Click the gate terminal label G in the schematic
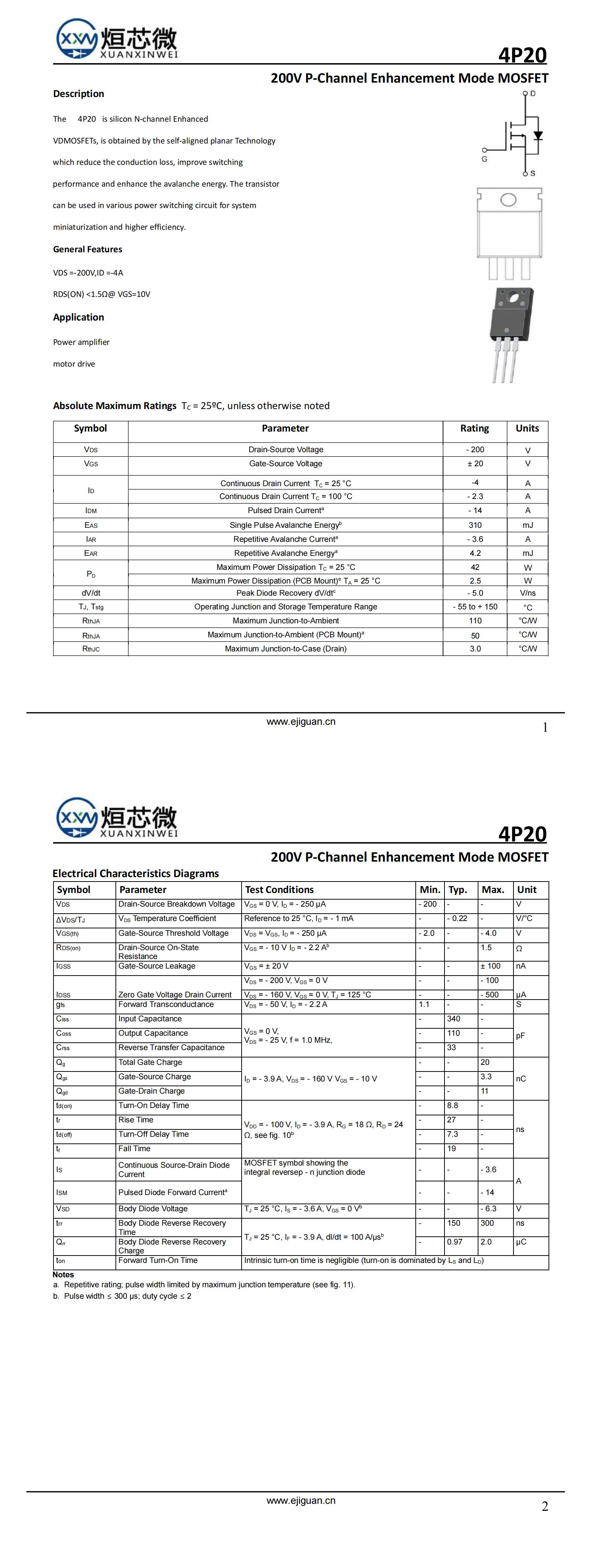[484, 159]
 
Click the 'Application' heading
[78, 318]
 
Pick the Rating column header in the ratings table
[474, 428]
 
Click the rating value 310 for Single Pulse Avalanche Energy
[475, 525]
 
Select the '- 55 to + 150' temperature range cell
[475, 607]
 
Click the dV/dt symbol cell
[91, 593]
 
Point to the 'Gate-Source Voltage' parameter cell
[286, 463]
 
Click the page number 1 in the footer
[544, 728]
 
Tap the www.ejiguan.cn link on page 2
[301, 1500]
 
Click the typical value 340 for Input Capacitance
[453, 1018]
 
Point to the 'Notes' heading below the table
[63, 1274]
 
